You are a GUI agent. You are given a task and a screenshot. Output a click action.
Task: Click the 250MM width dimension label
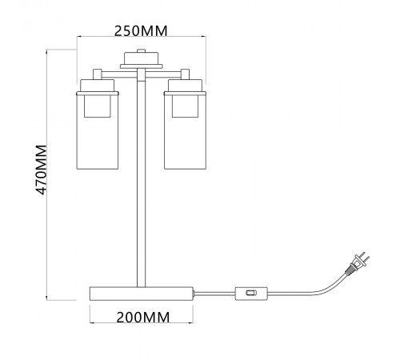141,31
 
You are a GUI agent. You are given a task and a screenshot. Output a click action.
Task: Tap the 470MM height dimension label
42,170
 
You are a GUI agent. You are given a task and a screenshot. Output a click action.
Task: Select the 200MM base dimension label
143,318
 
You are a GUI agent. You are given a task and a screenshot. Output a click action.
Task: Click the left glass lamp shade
98,130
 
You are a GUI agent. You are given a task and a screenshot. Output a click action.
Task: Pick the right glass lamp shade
185,130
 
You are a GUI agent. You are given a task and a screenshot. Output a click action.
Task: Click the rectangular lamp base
142,294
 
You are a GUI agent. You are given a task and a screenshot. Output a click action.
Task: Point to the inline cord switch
251,294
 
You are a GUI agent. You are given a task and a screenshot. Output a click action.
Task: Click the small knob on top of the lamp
141,50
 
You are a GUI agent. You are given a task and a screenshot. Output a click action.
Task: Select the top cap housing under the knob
141,58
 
